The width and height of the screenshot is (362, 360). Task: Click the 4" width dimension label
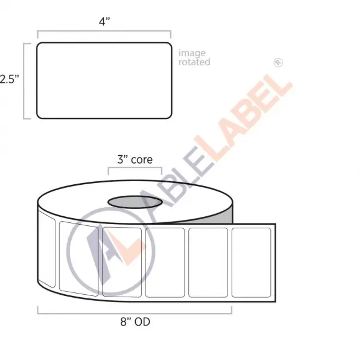104,22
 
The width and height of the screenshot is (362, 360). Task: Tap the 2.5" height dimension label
9,79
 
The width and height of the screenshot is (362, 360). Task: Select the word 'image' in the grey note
192,53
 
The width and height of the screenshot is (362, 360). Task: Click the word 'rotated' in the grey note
194,62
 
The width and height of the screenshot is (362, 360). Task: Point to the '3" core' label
135,159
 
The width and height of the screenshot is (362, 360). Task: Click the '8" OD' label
135,321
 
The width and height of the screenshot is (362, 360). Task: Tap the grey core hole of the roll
135,202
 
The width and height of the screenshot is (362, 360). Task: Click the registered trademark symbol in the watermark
278,62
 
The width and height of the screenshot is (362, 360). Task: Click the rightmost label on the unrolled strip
251,263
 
